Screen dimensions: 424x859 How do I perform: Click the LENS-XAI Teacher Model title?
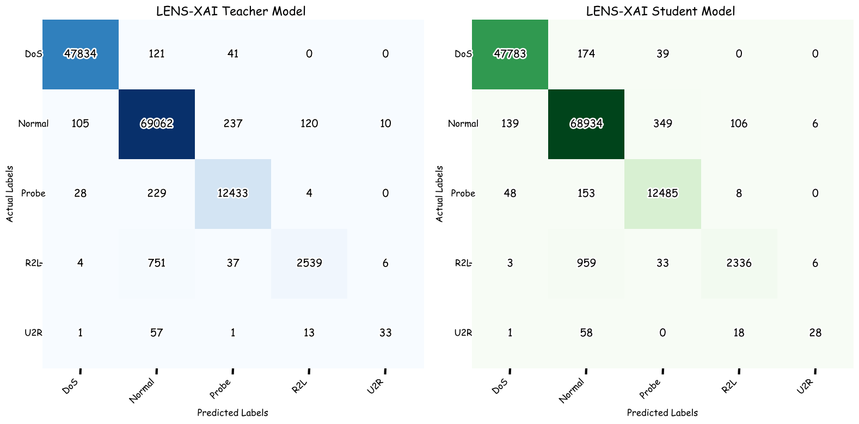point(230,11)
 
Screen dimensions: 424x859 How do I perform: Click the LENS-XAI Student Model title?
point(660,11)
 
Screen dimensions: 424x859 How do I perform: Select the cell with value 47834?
point(81,53)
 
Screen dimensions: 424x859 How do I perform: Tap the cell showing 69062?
point(157,123)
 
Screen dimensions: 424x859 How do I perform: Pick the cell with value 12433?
point(233,193)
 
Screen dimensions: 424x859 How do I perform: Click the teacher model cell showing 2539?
point(309,263)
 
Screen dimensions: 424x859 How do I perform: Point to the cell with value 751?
point(157,263)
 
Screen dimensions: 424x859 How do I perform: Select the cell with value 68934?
point(586,123)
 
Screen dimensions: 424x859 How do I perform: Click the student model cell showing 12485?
point(662,193)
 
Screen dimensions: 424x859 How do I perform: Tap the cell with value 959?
point(586,263)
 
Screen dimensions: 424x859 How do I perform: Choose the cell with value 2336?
point(739,263)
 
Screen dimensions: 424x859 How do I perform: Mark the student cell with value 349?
point(662,123)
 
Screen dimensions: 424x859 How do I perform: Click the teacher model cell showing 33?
point(385,332)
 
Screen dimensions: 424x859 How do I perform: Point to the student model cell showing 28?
point(815,332)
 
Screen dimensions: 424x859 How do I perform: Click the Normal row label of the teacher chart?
point(33,124)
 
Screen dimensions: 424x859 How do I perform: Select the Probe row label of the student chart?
point(463,193)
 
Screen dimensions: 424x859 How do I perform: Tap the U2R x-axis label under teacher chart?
point(376,386)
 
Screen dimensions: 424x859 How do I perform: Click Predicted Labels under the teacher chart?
point(232,413)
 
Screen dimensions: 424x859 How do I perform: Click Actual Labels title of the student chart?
point(440,193)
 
